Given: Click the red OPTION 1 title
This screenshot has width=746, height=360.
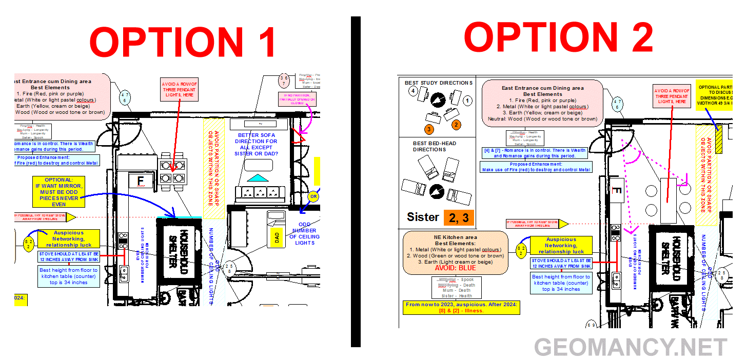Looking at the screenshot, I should click(x=183, y=42).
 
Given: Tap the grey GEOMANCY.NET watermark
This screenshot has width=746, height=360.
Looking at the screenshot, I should click(x=631, y=347).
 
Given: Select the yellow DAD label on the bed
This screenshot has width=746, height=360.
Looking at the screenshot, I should click(x=278, y=236).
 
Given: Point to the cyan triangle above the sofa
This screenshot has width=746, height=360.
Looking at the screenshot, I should click(x=258, y=177).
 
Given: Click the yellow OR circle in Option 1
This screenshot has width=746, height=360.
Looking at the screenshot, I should click(x=313, y=196).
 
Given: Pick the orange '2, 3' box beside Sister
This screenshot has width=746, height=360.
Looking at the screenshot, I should click(x=459, y=217).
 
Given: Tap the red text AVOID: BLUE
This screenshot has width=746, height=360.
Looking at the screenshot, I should click(x=455, y=268).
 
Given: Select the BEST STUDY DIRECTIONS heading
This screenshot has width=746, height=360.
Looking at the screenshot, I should click(x=438, y=83).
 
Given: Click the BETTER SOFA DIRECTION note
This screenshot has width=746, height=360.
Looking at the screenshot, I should click(x=257, y=144).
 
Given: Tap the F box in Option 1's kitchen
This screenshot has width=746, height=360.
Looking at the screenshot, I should click(x=140, y=181).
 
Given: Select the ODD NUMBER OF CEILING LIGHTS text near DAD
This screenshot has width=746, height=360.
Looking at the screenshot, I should click(x=304, y=233).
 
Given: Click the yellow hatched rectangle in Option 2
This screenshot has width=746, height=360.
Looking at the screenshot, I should click(x=719, y=139).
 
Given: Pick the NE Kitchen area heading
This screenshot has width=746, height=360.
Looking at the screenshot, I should click(x=455, y=237).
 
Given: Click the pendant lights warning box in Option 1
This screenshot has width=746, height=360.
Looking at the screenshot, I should click(x=180, y=90).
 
